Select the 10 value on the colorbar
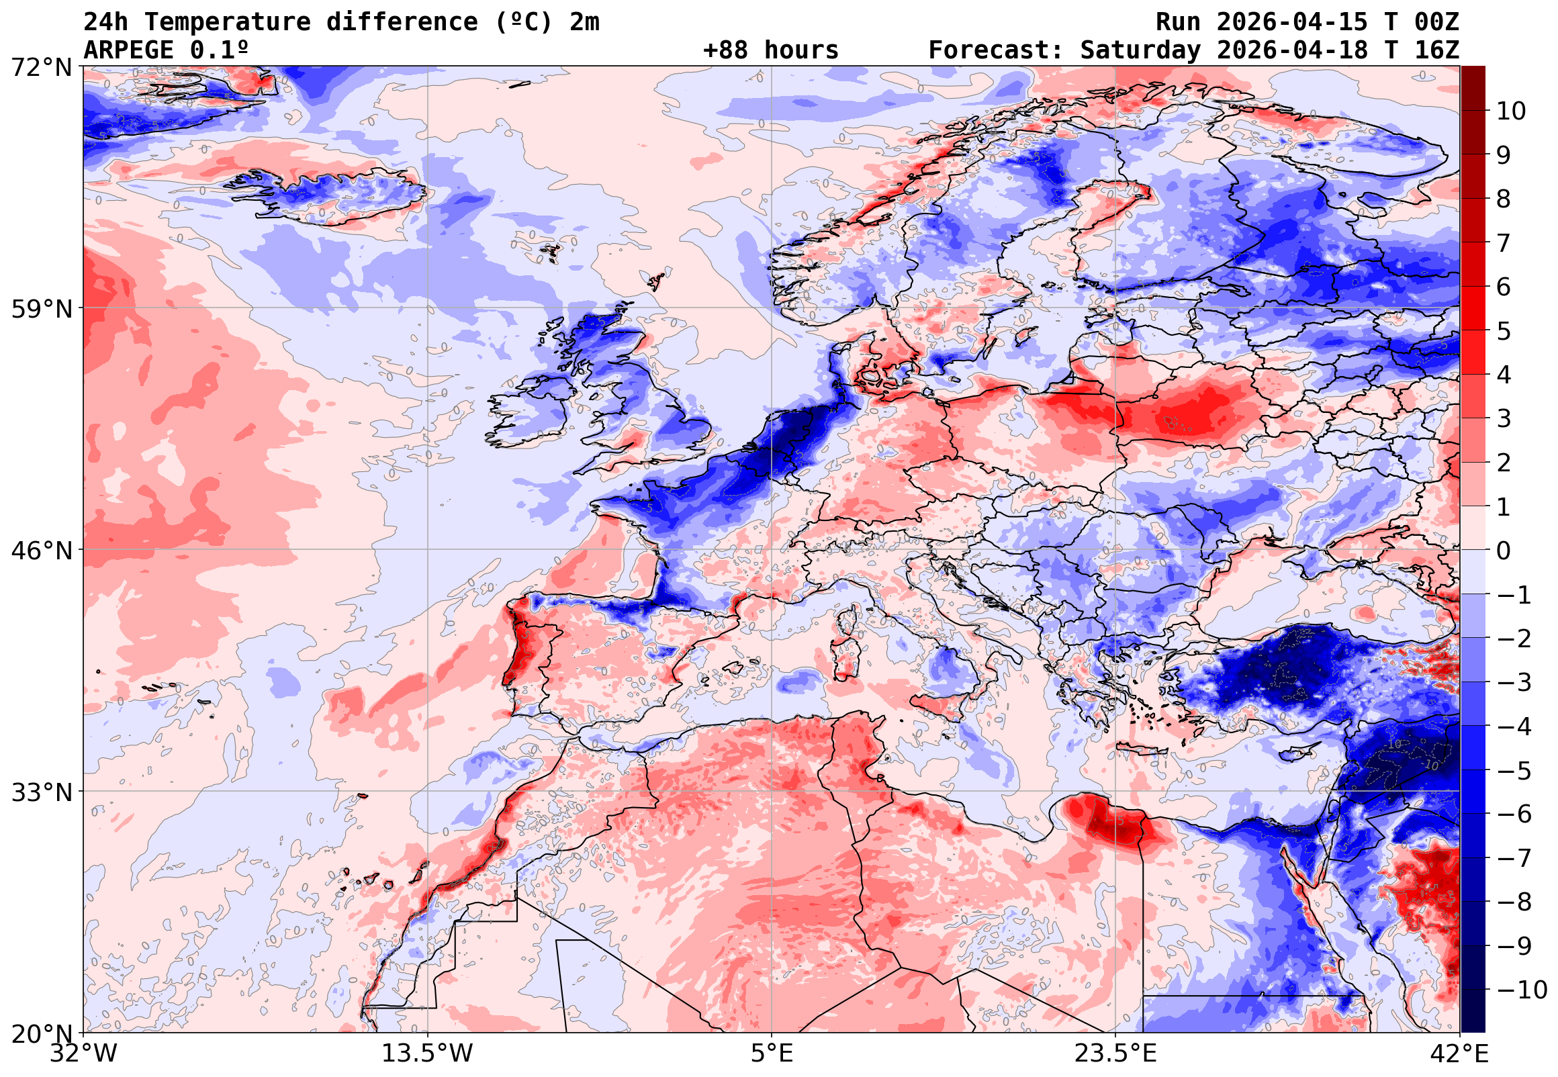pyautogui.click(x=1511, y=111)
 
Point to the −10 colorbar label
pyautogui.click(x=1522, y=990)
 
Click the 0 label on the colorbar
pyautogui.click(x=1504, y=551)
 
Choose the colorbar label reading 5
pyautogui.click(x=1504, y=331)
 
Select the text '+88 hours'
pyautogui.click(x=770, y=50)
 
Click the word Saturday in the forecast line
pyautogui.click(x=1140, y=50)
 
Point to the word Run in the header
pyautogui.click(x=1178, y=21)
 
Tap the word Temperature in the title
pyautogui.click(x=228, y=21)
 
